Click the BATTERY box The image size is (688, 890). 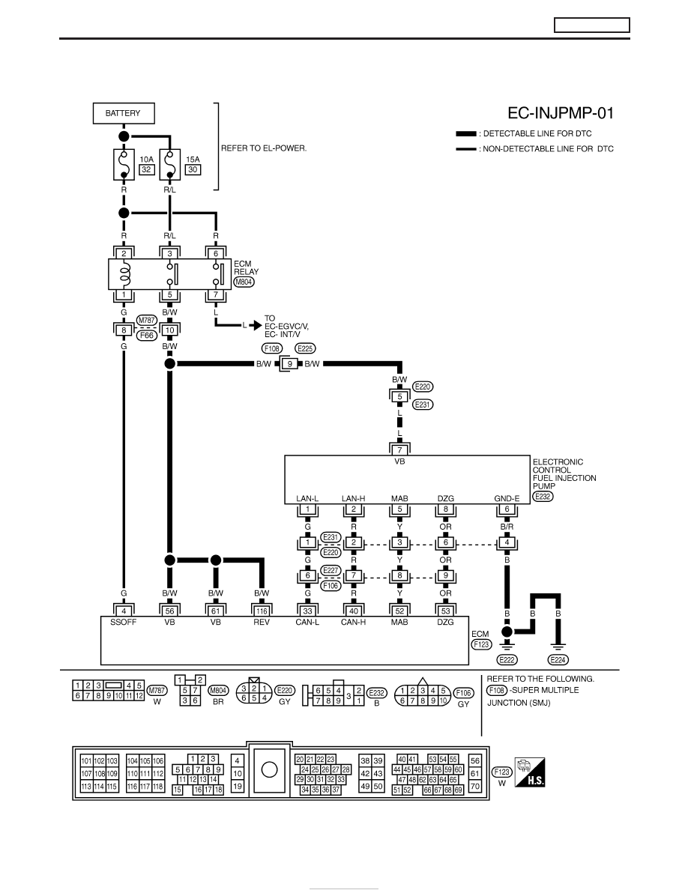(x=123, y=113)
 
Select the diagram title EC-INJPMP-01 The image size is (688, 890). (x=561, y=113)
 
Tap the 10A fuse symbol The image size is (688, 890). (x=123, y=164)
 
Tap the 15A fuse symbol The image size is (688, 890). (x=169, y=164)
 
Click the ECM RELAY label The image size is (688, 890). (x=246, y=267)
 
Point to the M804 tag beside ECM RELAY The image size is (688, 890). (x=244, y=282)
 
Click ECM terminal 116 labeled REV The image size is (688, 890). (x=261, y=611)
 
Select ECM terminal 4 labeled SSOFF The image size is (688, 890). (x=123, y=611)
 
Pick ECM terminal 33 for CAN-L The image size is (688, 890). (x=307, y=611)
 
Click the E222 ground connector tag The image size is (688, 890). (x=507, y=659)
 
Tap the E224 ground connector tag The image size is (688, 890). (x=558, y=659)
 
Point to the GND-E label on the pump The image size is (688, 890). (x=507, y=498)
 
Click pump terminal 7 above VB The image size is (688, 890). (x=399, y=450)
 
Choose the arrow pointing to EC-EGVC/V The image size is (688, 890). (x=256, y=325)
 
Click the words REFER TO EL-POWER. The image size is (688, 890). (x=263, y=148)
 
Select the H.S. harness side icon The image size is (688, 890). (x=530, y=772)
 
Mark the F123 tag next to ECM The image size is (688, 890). (x=481, y=644)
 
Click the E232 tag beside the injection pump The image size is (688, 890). (x=543, y=496)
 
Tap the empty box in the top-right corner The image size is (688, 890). (x=591, y=25)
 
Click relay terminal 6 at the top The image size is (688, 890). (x=216, y=254)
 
